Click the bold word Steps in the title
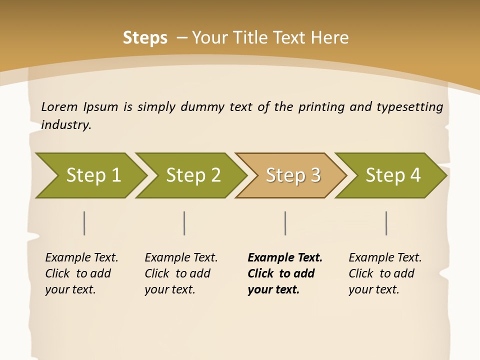point(145,38)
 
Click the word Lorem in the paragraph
point(59,107)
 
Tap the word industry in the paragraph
point(66,125)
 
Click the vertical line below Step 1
point(84,223)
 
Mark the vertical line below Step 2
point(184,223)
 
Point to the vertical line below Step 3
point(285,223)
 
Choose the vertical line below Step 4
point(386,223)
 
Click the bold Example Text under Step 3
point(285,258)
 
